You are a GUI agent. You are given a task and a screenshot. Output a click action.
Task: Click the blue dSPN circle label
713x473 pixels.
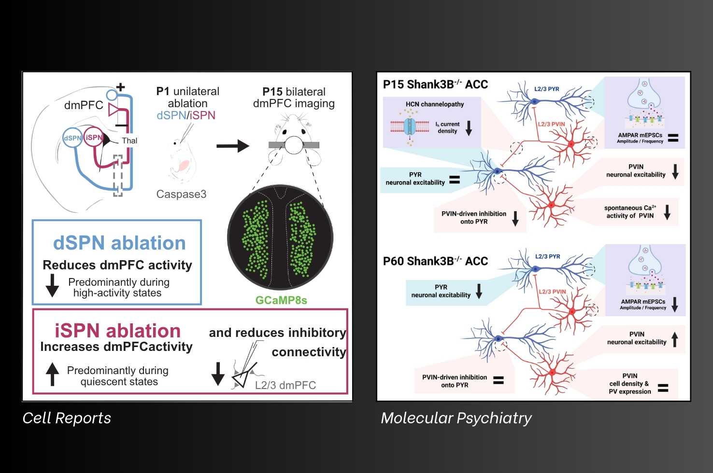pyautogui.click(x=72, y=138)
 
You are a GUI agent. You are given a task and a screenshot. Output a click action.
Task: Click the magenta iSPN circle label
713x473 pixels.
pyautogui.click(x=94, y=138)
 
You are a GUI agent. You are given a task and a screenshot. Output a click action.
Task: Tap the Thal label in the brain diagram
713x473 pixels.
pyautogui.click(x=129, y=140)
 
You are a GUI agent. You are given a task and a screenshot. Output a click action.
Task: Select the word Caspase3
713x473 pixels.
pyautogui.click(x=181, y=194)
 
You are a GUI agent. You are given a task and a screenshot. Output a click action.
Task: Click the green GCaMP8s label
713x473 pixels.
pyautogui.click(x=281, y=300)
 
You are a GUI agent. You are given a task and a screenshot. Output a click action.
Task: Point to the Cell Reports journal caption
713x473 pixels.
pyautogui.click(x=67, y=418)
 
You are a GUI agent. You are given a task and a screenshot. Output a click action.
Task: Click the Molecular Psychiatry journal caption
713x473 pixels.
pyautogui.click(x=456, y=418)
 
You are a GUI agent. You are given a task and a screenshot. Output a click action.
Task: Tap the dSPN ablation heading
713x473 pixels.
pyautogui.click(x=119, y=243)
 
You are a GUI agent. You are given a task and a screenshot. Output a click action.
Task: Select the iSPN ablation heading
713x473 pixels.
pyautogui.click(x=117, y=331)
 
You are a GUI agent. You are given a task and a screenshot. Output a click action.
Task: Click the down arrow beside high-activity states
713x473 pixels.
pyautogui.click(x=52, y=285)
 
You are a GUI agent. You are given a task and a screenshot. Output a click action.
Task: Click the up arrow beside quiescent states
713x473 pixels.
pyautogui.click(x=52, y=374)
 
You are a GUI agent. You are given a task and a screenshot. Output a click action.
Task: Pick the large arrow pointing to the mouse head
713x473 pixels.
pyautogui.click(x=232, y=146)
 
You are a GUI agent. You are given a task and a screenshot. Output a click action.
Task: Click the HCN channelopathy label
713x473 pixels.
pyautogui.click(x=435, y=104)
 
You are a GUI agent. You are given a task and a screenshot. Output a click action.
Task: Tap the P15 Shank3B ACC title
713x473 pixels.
pyautogui.click(x=435, y=84)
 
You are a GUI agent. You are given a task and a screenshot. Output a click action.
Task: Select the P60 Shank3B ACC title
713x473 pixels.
pyautogui.click(x=435, y=261)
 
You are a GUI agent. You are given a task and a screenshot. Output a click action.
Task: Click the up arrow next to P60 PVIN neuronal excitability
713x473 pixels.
pyautogui.click(x=675, y=339)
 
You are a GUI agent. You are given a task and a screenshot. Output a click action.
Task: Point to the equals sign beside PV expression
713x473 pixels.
pyautogui.click(x=663, y=388)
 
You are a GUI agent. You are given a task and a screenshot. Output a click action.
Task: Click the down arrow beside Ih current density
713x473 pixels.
pyautogui.click(x=469, y=128)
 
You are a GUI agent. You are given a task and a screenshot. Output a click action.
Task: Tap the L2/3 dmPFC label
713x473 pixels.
pyautogui.click(x=285, y=385)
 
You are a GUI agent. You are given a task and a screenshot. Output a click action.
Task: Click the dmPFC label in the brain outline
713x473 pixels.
pyautogui.click(x=84, y=105)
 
